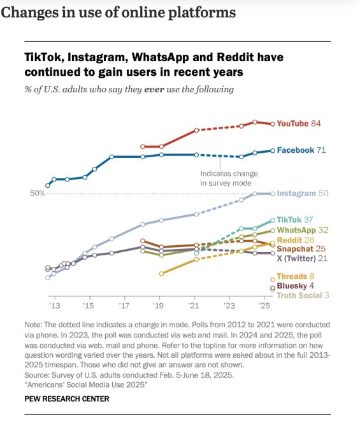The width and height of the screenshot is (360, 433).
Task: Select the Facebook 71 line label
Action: [301, 150]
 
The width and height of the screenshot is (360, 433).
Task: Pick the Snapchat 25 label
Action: [301, 249]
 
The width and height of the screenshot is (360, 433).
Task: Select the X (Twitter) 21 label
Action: [302, 259]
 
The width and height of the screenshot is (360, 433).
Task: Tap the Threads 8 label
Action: [296, 277]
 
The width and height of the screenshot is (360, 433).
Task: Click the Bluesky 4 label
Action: [296, 287]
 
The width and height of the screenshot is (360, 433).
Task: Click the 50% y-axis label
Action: [38, 193]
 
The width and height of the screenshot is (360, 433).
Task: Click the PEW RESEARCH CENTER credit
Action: [66, 399]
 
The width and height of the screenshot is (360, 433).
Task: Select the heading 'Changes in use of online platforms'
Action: [118, 12]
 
